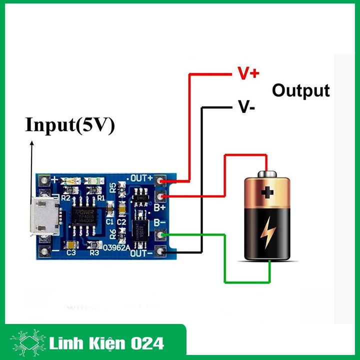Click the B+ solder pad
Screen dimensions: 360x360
160,196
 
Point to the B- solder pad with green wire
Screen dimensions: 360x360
160,234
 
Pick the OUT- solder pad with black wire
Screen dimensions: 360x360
160,251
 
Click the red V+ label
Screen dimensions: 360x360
248,74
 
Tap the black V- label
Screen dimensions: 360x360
247,107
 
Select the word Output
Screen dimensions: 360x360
300,90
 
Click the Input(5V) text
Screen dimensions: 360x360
70,125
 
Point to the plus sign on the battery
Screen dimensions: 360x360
269,191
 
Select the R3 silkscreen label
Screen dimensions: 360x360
94,253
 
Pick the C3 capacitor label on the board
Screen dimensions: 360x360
71,253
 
